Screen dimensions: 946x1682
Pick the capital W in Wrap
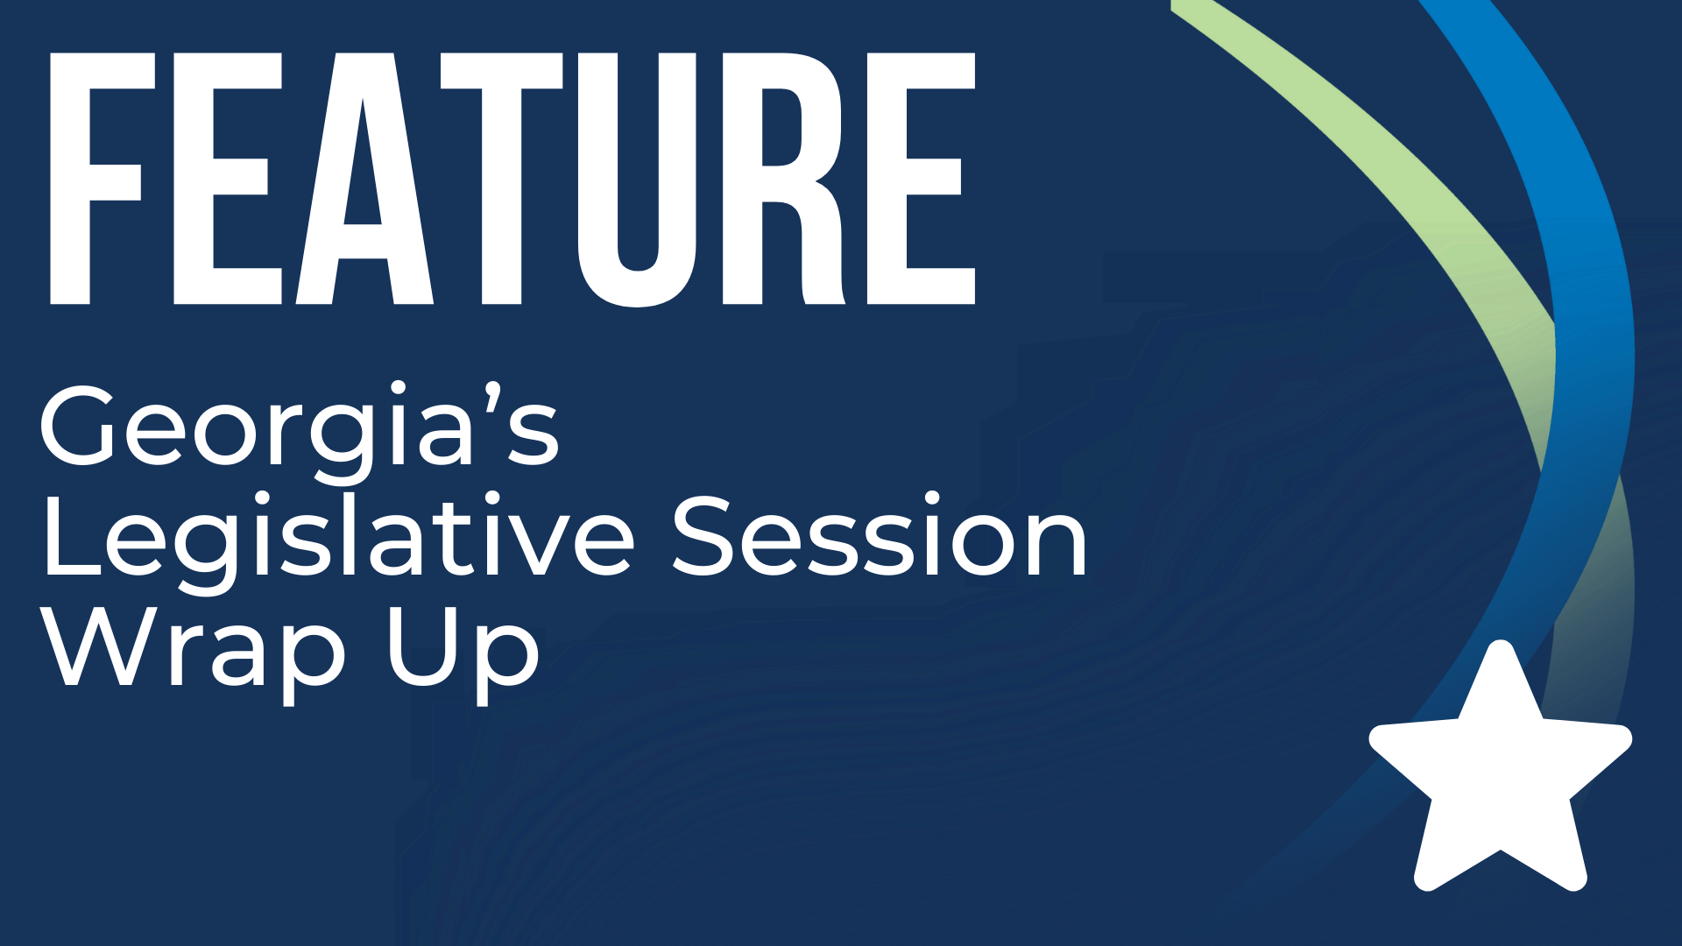(x=101, y=648)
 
